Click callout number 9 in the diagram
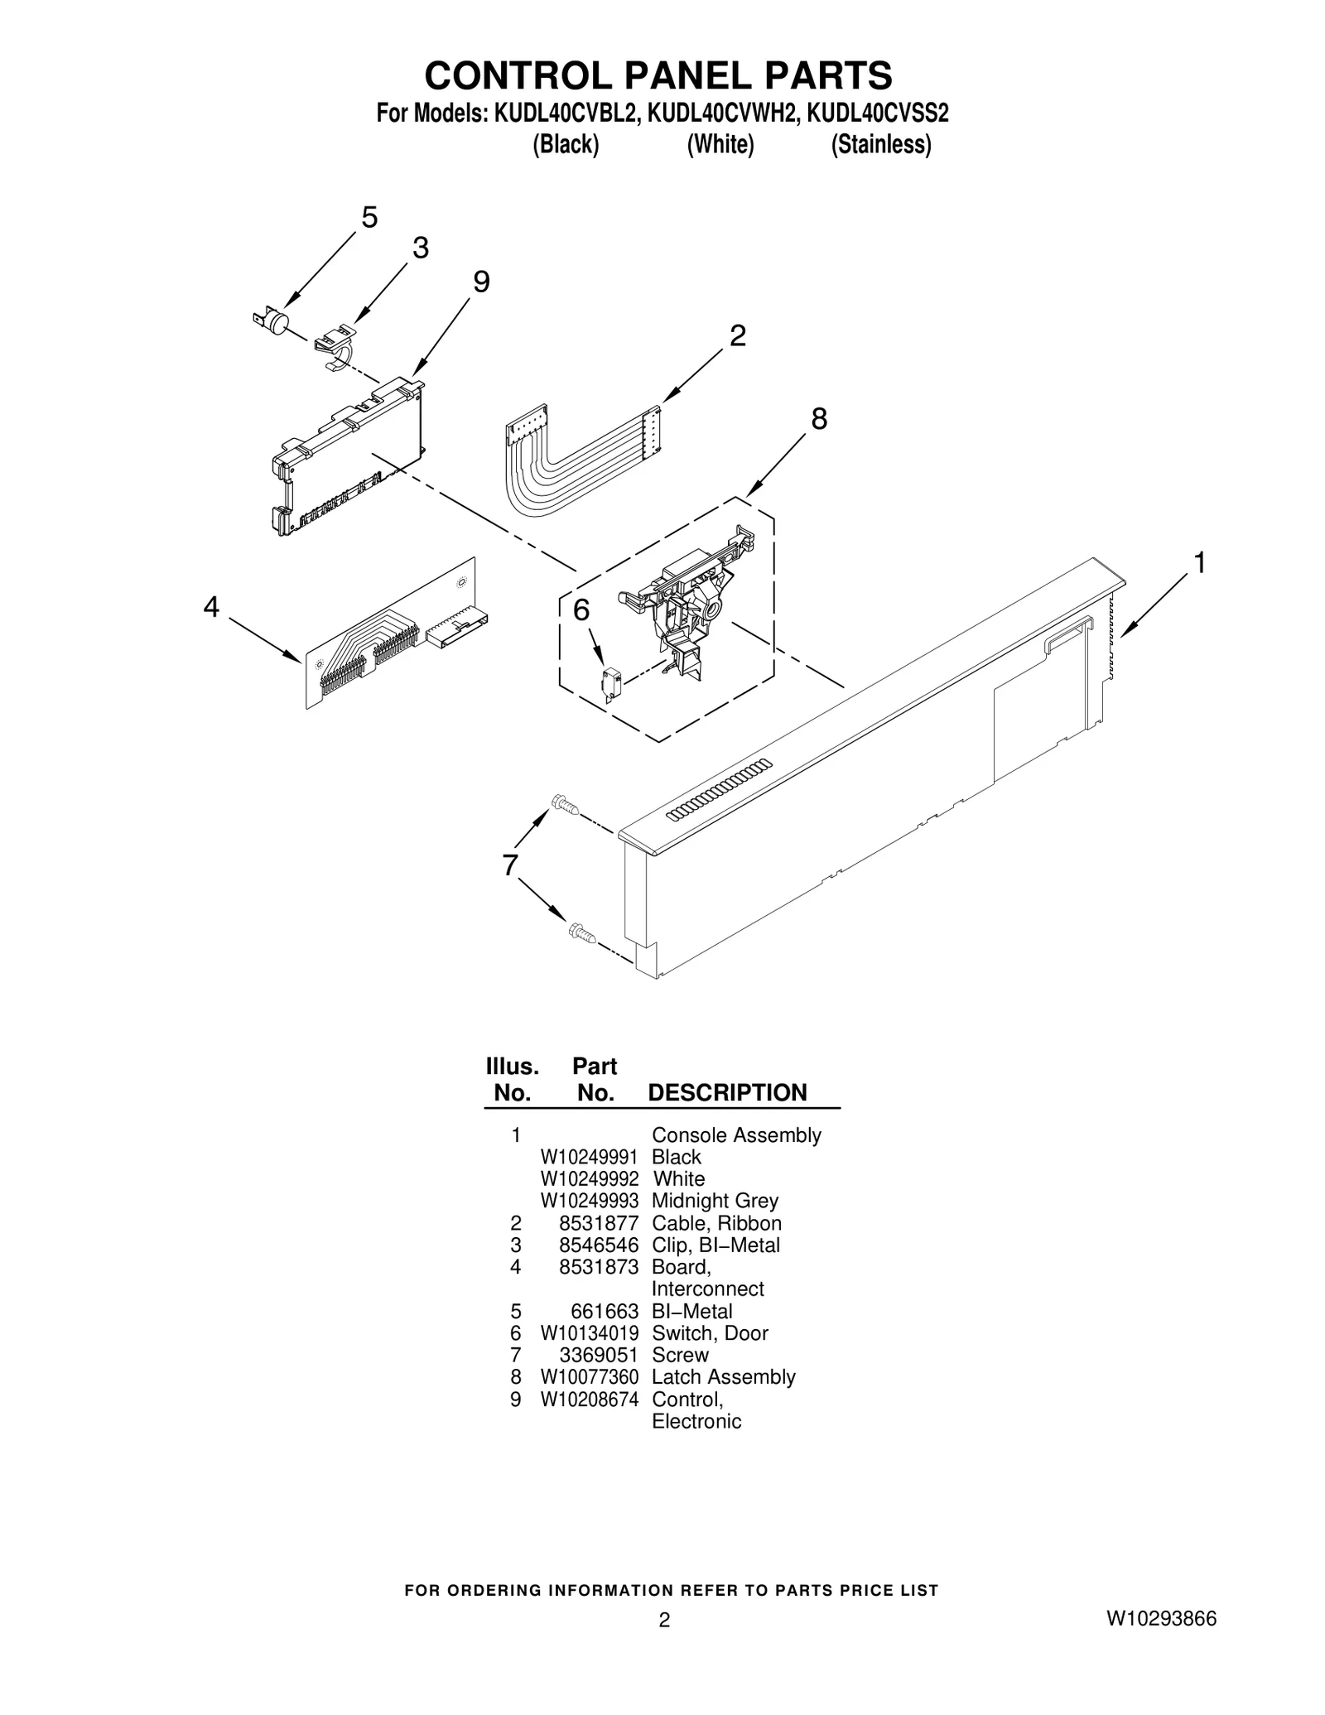coord(480,282)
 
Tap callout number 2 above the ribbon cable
coord(737,335)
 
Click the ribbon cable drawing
coord(571,464)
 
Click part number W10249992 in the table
coord(589,1178)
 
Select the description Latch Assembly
coord(723,1376)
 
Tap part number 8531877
coord(599,1223)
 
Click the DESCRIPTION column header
coord(726,1092)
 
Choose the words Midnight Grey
coord(715,1201)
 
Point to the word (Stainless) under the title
coord(880,144)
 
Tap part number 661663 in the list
coord(605,1311)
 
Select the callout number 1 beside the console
coord(1198,563)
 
